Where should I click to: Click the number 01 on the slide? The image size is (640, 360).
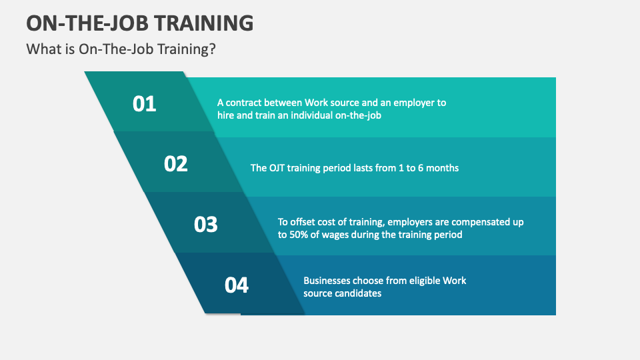144,104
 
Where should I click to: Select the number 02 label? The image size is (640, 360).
176,164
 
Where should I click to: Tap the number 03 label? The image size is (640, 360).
206,225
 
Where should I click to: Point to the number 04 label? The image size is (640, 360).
237,285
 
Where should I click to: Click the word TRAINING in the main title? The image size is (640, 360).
203,23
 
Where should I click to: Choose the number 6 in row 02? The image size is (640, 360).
417,168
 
